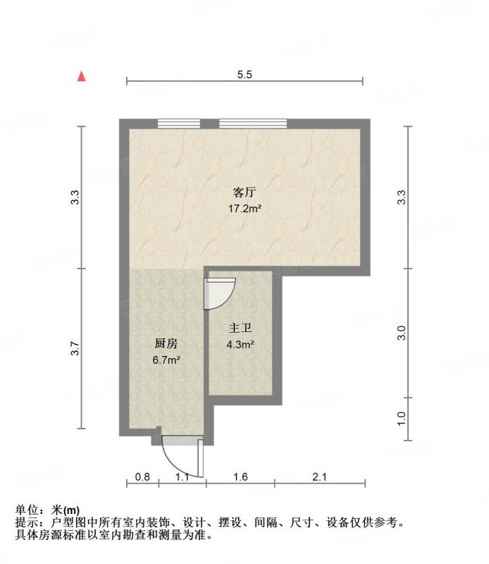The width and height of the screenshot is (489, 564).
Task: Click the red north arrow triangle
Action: pos(82,76)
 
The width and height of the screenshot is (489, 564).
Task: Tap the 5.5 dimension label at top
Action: pos(244,75)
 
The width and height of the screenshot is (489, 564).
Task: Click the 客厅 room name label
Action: pos(244,192)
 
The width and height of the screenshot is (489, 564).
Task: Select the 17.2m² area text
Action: pos(244,208)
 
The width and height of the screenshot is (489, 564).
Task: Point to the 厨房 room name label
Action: pos(166,343)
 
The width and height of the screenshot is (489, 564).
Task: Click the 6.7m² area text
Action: pos(166,360)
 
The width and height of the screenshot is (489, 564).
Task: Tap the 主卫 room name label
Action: pos(240,328)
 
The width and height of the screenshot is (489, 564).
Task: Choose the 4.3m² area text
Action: pos(240,345)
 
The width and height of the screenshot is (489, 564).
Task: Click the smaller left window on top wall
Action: pos(179,123)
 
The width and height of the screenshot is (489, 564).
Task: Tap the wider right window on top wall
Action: pos(253,123)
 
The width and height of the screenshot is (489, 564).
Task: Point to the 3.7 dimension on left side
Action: pos(75,348)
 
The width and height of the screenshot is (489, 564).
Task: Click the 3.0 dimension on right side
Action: pos(402,333)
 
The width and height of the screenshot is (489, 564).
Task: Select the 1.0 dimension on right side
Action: pos(402,419)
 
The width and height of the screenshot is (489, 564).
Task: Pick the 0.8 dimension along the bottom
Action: pos(142,477)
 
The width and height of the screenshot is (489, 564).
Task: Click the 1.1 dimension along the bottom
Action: pos(182,477)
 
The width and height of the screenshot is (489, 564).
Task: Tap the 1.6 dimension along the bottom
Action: pos(240,477)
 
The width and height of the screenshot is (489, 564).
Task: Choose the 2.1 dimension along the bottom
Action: pos(319,477)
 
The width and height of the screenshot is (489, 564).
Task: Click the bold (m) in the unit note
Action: pos(72,510)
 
